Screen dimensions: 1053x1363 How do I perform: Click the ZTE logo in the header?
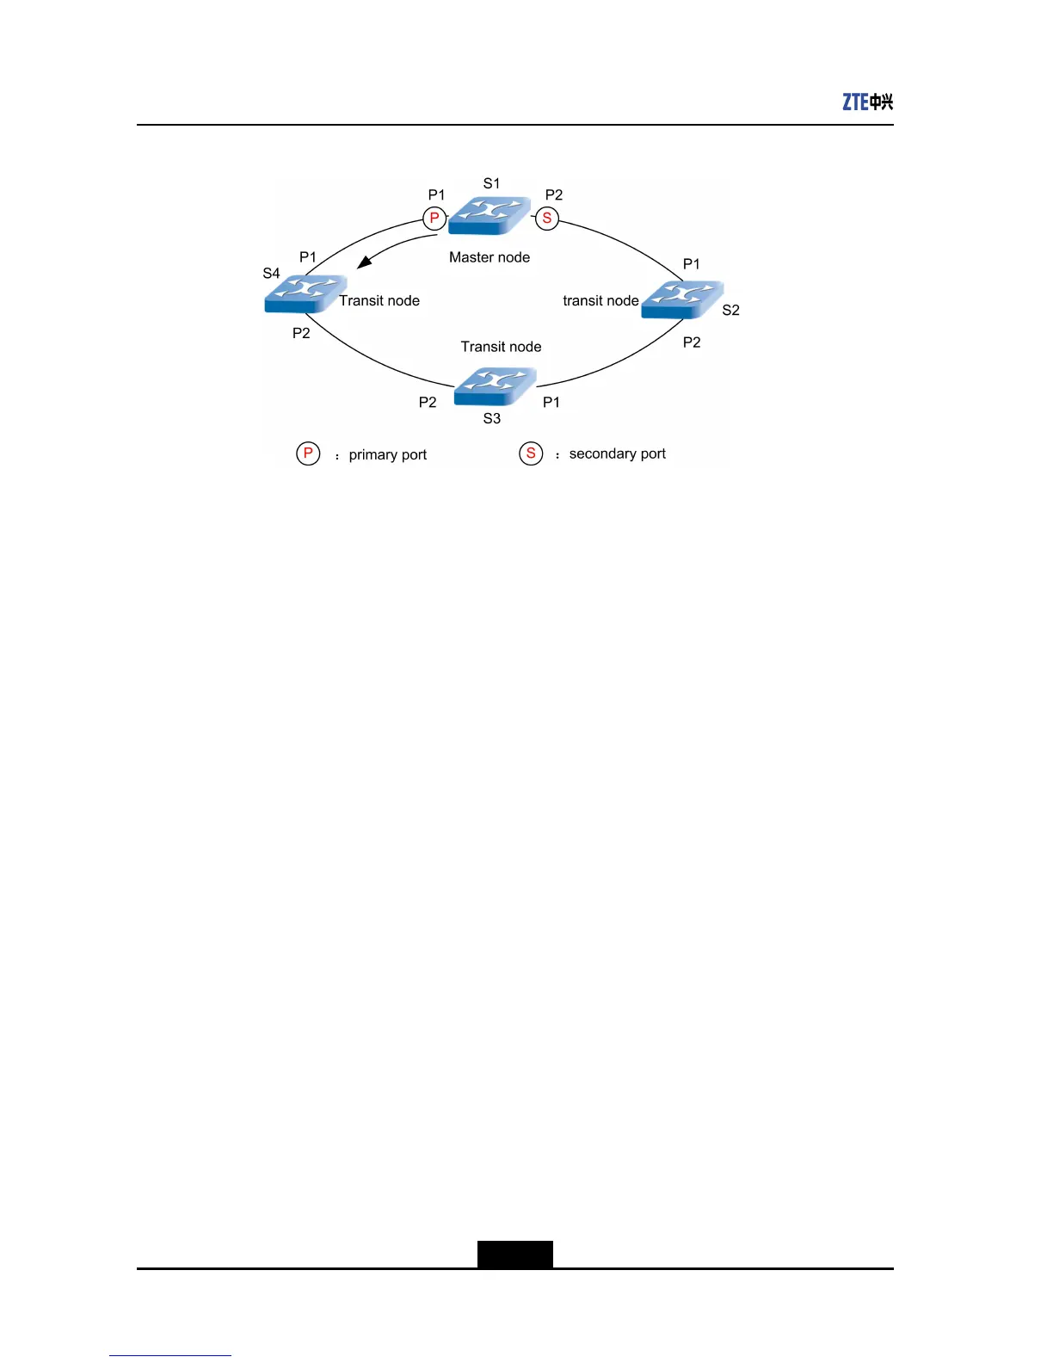pos(867,102)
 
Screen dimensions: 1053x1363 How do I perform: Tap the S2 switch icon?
pos(682,299)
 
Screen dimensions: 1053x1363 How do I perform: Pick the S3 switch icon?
pos(495,386)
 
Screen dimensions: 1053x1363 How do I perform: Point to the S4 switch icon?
pos(305,293)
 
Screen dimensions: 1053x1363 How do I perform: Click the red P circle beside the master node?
pos(434,219)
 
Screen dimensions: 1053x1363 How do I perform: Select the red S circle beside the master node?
pos(547,219)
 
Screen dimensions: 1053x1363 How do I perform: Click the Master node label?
pos(490,257)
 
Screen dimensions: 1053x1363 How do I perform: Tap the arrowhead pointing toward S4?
pos(364,262)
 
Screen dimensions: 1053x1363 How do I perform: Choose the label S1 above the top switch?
pos(491,183)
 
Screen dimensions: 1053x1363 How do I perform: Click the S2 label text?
pos(730,310)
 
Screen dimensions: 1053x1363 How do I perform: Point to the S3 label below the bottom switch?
pos(491,418)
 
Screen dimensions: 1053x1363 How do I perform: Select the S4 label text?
pos(271,274)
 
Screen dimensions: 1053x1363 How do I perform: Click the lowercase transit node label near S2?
pos(600,300)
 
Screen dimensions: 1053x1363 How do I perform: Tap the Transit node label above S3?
pos(501,347)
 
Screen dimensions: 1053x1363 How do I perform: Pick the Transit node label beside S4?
pos(379,300)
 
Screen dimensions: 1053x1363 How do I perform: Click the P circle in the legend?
pos(308,453)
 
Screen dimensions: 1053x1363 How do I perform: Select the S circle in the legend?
pos(531,453)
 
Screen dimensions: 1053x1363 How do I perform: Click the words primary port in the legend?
pos(388,455)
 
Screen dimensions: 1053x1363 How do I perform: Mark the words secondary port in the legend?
pos(618,453)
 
